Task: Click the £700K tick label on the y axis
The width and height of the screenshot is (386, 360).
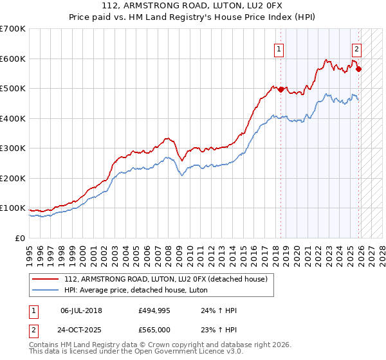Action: point(13,29)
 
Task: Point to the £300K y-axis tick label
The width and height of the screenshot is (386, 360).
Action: point(13,148)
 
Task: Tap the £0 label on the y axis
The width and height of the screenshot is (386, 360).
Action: point(21,238)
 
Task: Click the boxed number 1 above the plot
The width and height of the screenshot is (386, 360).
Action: point(279,48)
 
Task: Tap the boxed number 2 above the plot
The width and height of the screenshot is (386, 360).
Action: point(356,48)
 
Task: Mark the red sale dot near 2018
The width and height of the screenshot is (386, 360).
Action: point(281,89)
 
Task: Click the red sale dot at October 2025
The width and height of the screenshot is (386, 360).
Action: point(358,69)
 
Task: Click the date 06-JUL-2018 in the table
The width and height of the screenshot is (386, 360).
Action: point(81,310)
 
